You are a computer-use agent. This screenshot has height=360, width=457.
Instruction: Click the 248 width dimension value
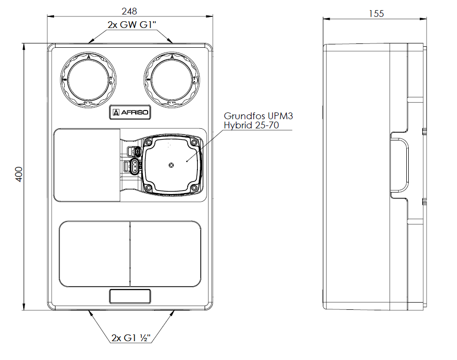[130, 11]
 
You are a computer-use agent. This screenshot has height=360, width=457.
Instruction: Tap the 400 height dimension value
[19, 174]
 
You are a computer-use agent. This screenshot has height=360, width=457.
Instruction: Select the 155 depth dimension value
[376, 14]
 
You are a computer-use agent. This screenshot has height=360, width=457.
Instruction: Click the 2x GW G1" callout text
[130, 25]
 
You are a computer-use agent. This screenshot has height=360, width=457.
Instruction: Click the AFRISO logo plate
[130, 113]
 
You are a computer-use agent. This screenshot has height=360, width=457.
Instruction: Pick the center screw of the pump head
[171, 165]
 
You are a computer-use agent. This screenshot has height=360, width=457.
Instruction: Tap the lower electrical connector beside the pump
[133, 167]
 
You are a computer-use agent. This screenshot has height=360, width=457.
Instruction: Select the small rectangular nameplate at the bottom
[130, 296]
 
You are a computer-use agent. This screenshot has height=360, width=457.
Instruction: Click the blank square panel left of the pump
[87, 165]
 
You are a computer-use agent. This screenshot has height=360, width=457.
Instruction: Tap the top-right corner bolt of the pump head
[194, 143]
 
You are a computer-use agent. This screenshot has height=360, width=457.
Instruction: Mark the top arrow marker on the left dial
[89, 56]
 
